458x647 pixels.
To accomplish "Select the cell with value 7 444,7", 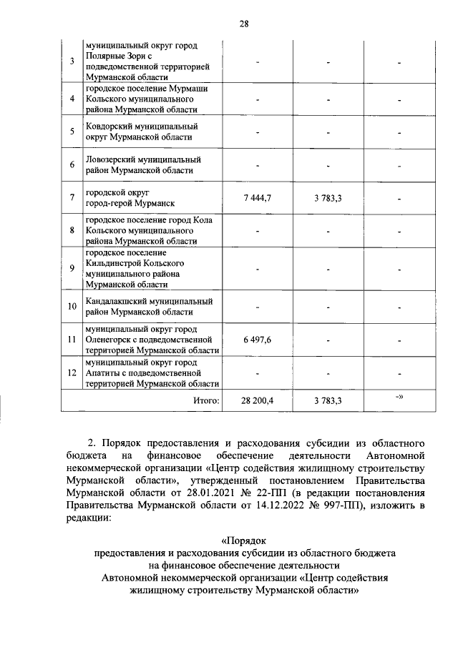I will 257,198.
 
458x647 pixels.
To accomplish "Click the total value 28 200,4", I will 257,401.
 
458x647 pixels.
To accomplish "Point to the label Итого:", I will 205,401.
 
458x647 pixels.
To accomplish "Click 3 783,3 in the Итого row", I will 328,401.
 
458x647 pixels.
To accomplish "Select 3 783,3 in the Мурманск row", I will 328,198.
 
